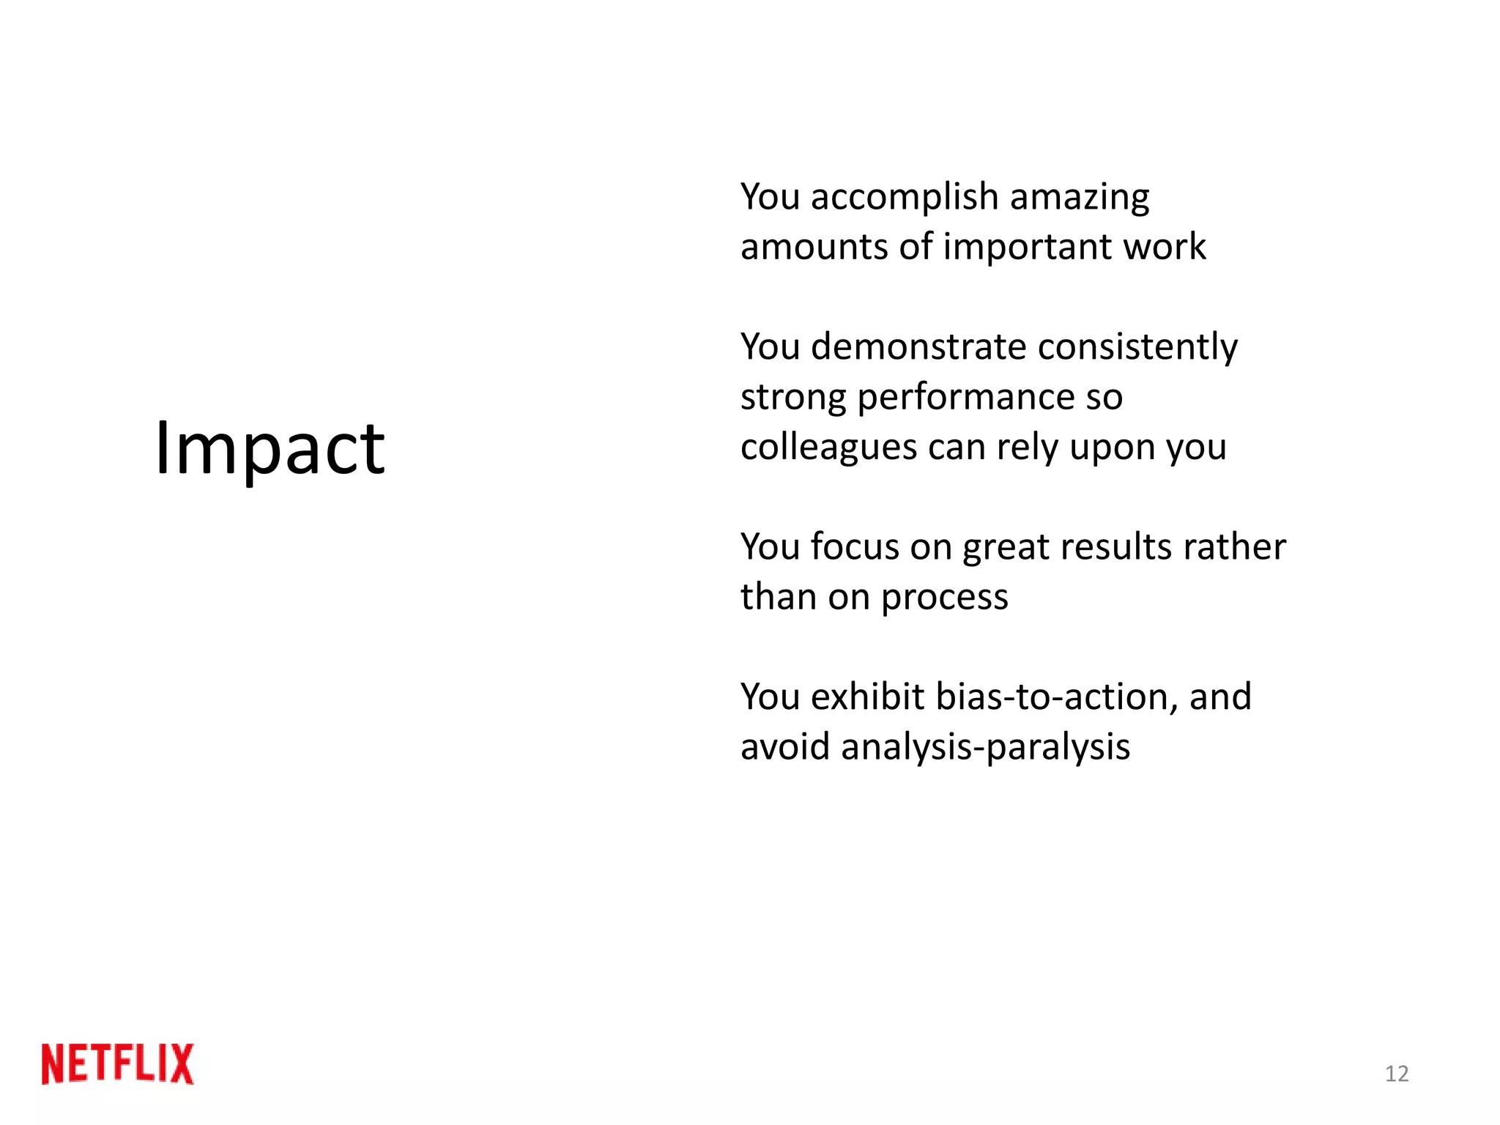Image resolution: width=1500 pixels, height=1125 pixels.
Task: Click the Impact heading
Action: [270, 448]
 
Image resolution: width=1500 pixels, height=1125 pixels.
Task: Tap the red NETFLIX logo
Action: [118, 1063]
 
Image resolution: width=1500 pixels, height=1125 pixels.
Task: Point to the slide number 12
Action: [1397, 1074]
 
